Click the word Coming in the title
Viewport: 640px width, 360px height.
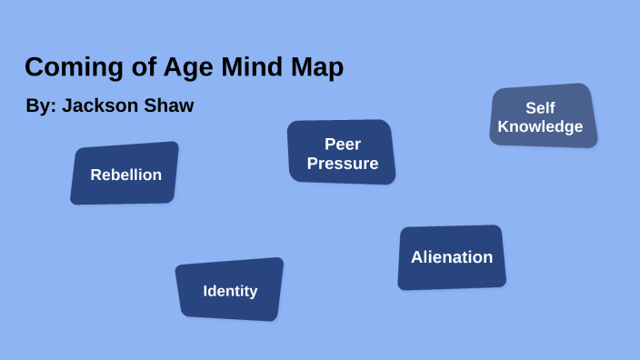[64, 68]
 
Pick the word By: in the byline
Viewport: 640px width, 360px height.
[41, 106]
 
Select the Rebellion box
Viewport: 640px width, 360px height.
[125, 173]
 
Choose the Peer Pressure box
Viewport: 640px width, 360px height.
[342, 152]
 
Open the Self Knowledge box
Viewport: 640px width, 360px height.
[543, 115]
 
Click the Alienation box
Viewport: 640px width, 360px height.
[452, 257]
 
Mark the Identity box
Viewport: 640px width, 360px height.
[230, 289]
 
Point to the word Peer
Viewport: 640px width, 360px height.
[343, 144]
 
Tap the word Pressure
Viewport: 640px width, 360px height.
[343, 164]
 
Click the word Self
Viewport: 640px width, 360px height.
[540, 108]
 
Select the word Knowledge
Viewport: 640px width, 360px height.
[540, 127]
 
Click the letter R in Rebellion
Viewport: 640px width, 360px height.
[95, 175]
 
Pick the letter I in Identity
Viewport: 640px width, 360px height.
[205, 291]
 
